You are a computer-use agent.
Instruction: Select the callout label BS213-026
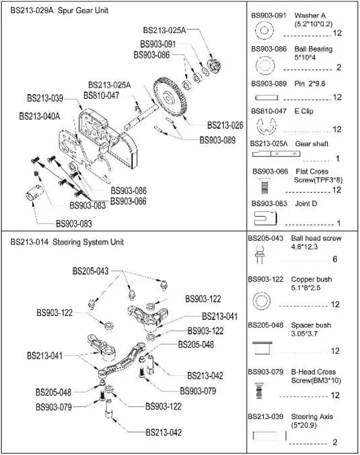[225, 125]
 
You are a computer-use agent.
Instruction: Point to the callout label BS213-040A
[39, 116]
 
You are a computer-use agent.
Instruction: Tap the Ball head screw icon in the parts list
[260, 252]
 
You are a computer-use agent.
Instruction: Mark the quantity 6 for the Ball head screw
[335, 259]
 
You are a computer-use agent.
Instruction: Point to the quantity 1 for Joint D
[338, 223]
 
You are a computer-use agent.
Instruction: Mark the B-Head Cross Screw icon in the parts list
[259, 391]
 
